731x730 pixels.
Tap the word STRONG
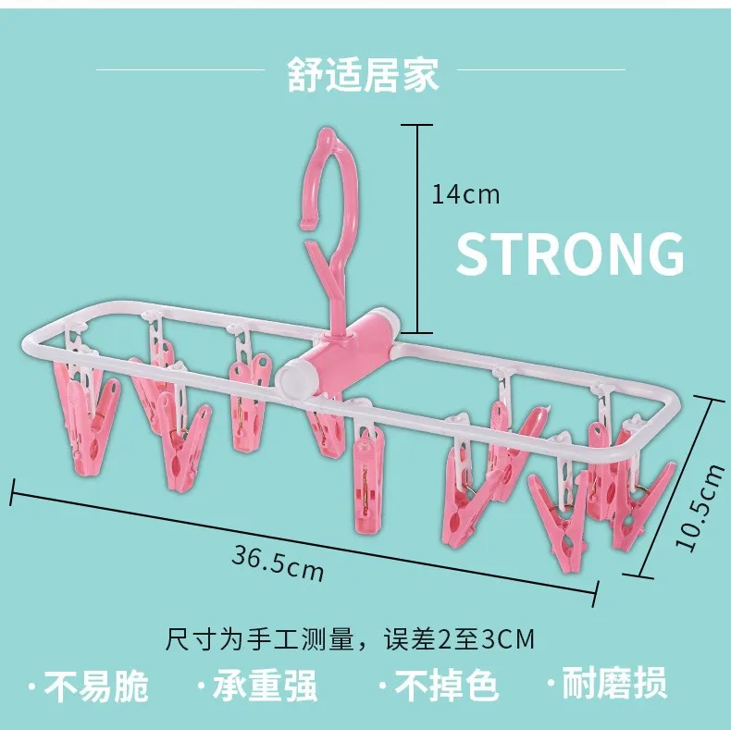570,254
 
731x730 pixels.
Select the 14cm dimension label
465,194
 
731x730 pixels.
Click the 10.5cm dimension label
699,506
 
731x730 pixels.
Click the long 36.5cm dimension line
305,536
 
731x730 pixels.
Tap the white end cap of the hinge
294,375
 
